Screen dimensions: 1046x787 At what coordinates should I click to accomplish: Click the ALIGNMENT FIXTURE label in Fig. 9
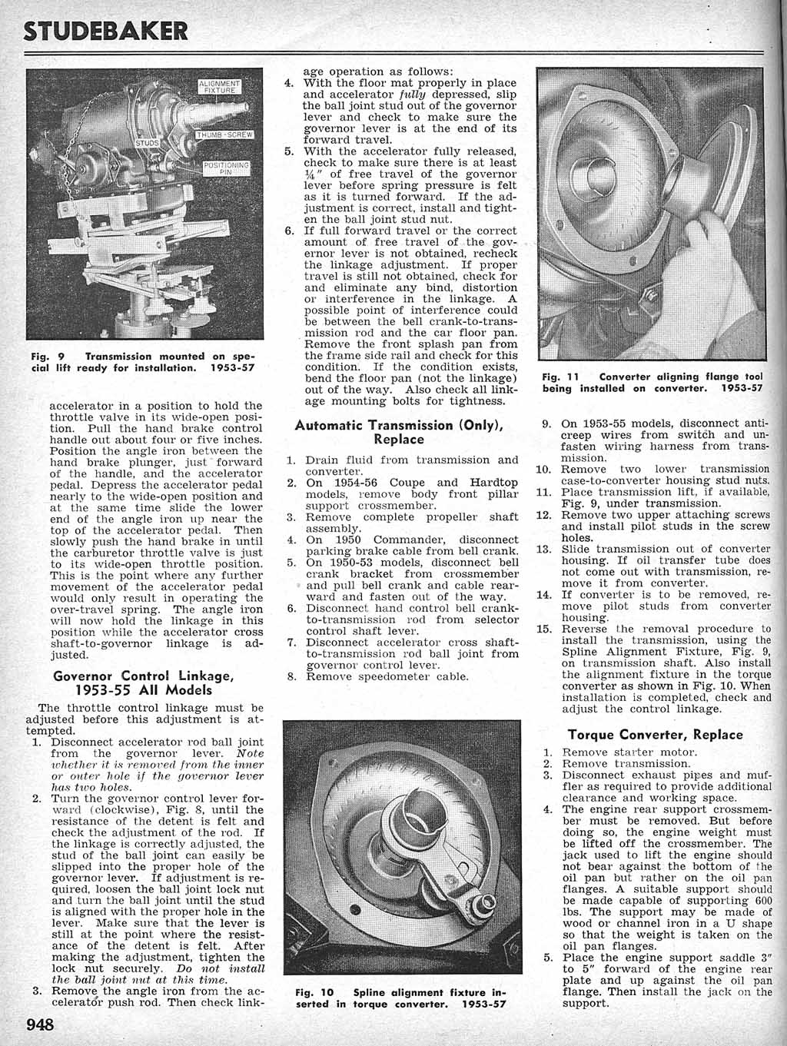click(x=221, y=86)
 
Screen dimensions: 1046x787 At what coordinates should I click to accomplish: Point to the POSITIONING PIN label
click(x=224, y=169)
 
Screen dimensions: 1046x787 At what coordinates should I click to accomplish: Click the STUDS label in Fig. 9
click(x=146, y=141)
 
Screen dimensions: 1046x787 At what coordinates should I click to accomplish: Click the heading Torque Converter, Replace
click(x=656, y=734)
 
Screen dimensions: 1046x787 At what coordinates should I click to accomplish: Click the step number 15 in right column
click(x=544, y=629)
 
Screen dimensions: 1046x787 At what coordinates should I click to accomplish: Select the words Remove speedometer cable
click(x=387, y=676)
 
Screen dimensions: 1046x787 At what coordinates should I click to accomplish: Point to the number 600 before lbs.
click(x=763, y=900)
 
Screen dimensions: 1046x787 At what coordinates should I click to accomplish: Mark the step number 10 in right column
click(x=544, y=469)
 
